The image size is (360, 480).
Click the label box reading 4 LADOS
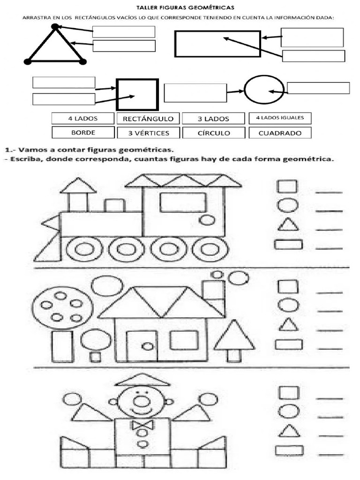82,119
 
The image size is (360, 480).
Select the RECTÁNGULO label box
148,119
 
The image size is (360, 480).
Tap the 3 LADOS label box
213,119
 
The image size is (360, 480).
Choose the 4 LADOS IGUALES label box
279,118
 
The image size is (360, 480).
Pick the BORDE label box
83,133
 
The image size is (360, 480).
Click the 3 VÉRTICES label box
149,133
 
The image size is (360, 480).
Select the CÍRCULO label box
213,133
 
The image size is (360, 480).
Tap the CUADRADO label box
280,133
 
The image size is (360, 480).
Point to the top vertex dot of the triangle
55,27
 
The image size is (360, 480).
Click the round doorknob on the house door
147,346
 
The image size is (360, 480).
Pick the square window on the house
184,340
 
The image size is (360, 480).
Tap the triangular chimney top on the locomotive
78,186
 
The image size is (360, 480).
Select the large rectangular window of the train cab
182,202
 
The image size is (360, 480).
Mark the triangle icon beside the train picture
288,225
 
